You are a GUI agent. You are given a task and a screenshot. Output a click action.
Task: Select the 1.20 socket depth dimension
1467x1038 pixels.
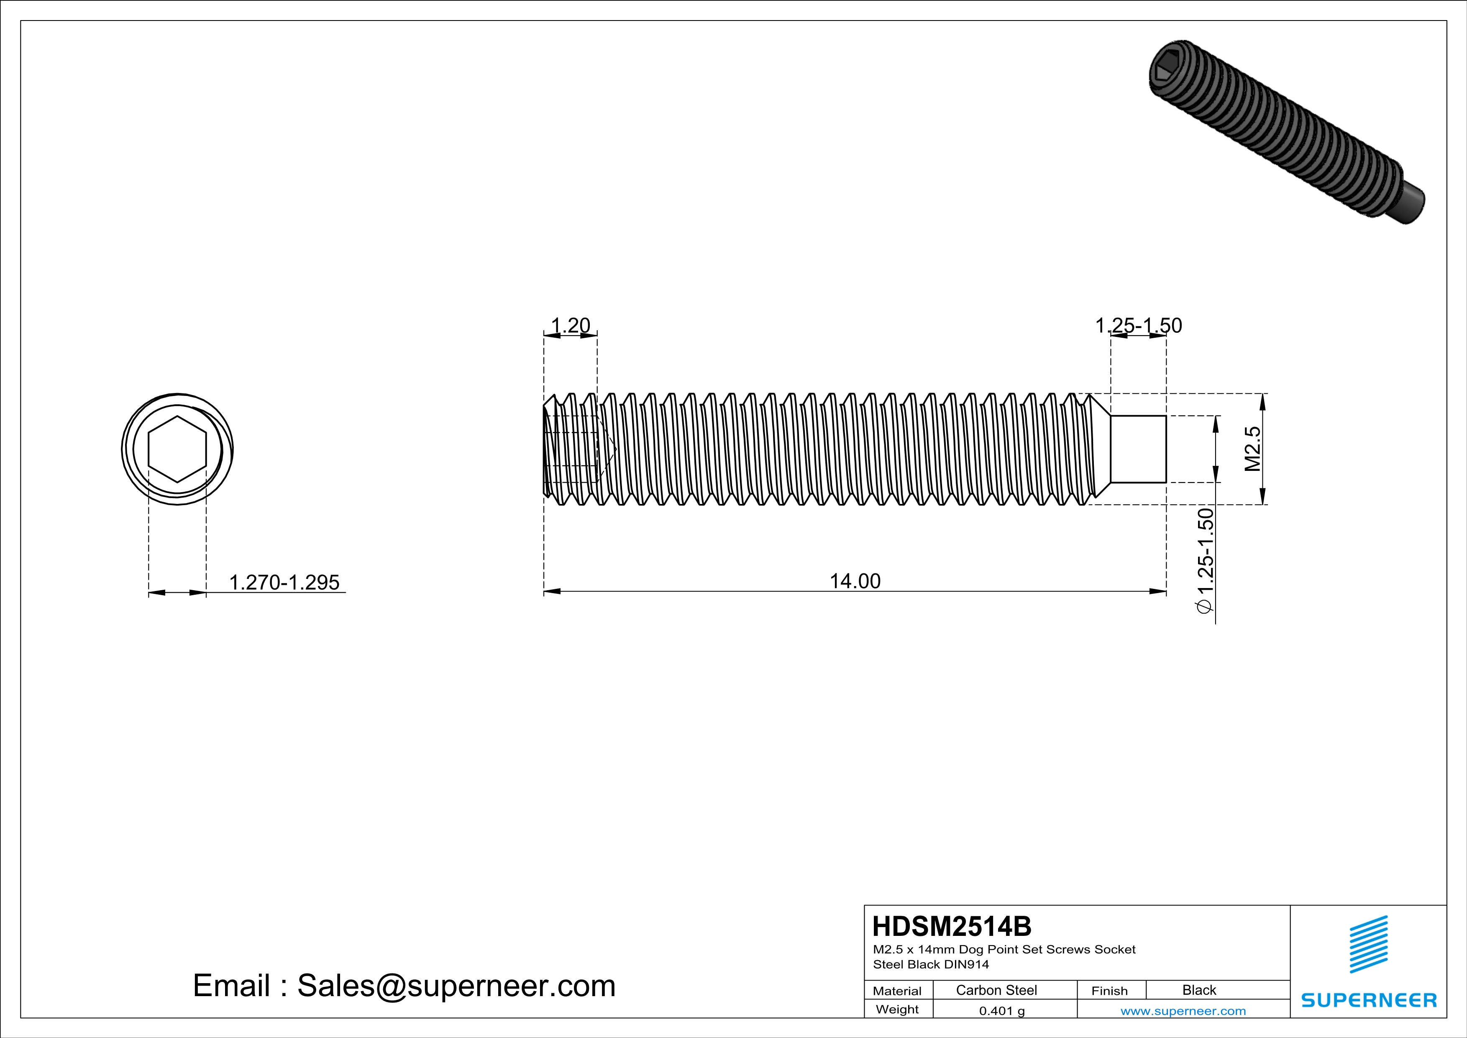(x=570, y=325)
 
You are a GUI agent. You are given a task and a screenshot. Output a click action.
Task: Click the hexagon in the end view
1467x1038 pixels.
(x=177, y=450)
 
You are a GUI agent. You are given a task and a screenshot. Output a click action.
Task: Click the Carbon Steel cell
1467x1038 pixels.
(x=996, y=990)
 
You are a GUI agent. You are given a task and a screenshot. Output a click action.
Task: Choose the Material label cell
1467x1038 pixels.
(x=897, y=991)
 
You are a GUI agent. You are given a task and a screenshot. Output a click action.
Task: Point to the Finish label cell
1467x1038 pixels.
(x=1109, y=991)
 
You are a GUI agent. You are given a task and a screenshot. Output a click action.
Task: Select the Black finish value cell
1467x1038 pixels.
(x=1198, y=990)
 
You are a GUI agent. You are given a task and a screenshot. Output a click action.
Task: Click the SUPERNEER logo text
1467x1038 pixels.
(x=1369, y=1000)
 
